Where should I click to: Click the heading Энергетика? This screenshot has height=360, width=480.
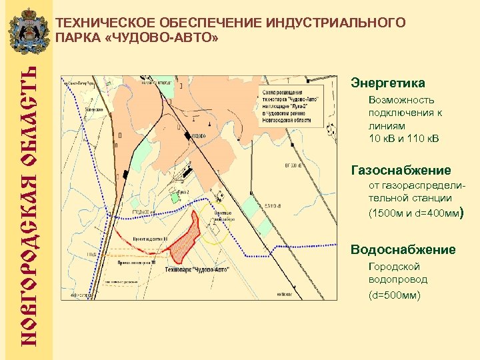(387, 83)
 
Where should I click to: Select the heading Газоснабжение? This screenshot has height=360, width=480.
(400, 170)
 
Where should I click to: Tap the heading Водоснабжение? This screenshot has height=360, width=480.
(403, 250)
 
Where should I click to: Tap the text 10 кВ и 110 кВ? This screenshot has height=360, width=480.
(404, 138)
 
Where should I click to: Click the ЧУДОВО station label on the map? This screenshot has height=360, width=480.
(198, 136)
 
